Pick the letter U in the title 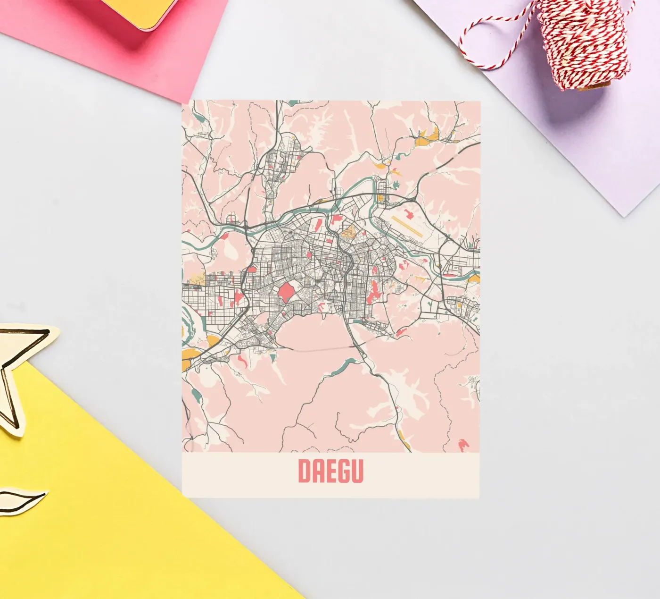click(357, 471)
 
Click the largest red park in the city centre click(286, 292)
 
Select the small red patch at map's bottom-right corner click(463, 444)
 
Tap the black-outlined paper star click(19, 373)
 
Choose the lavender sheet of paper click(566, 132)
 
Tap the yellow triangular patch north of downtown click(348, 232)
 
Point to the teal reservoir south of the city click(346, 364)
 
